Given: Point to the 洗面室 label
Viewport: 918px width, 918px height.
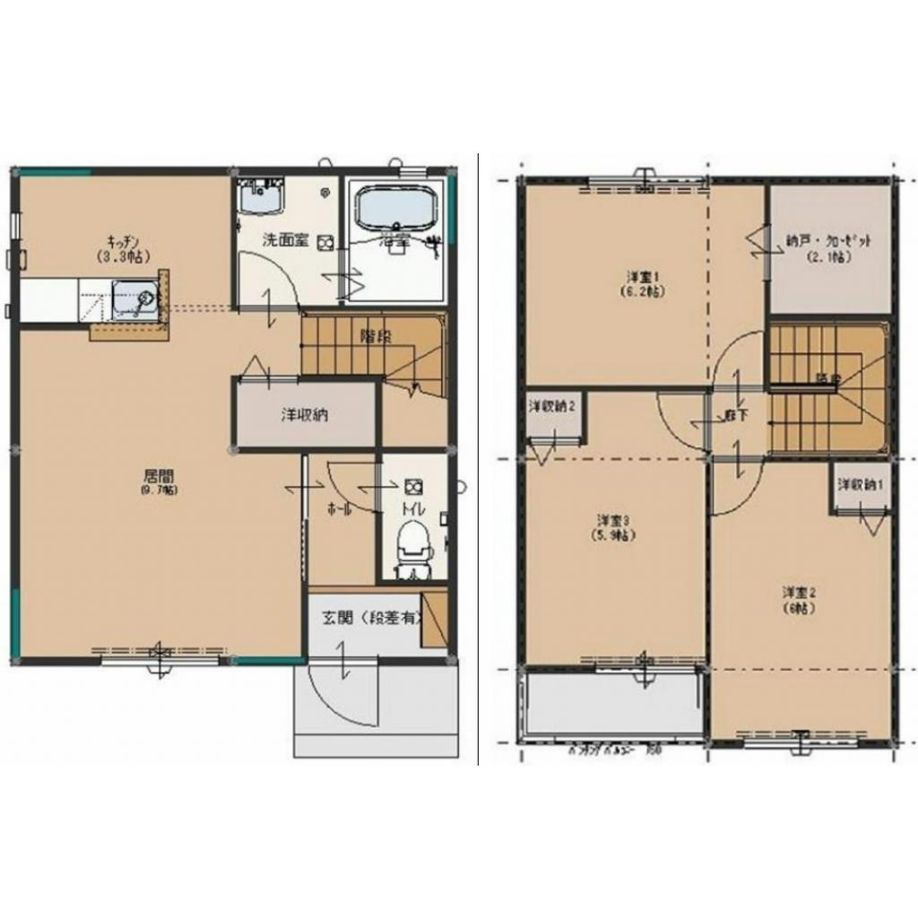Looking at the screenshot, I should pyautogui.click(x=285, y=241).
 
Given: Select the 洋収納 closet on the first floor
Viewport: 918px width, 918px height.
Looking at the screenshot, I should pyautogui.click(x=303, y=415).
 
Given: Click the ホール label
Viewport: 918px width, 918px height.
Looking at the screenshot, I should pyautogui.click(x=339, y=508).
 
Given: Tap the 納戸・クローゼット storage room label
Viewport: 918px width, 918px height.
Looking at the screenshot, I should pyautogui.click(x=828, y=247).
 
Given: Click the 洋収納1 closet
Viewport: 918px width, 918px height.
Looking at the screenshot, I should pyautogui.click(x=860, y=485).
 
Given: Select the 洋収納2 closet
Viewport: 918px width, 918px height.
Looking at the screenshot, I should pyautogui.click(x=551, y=406).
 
